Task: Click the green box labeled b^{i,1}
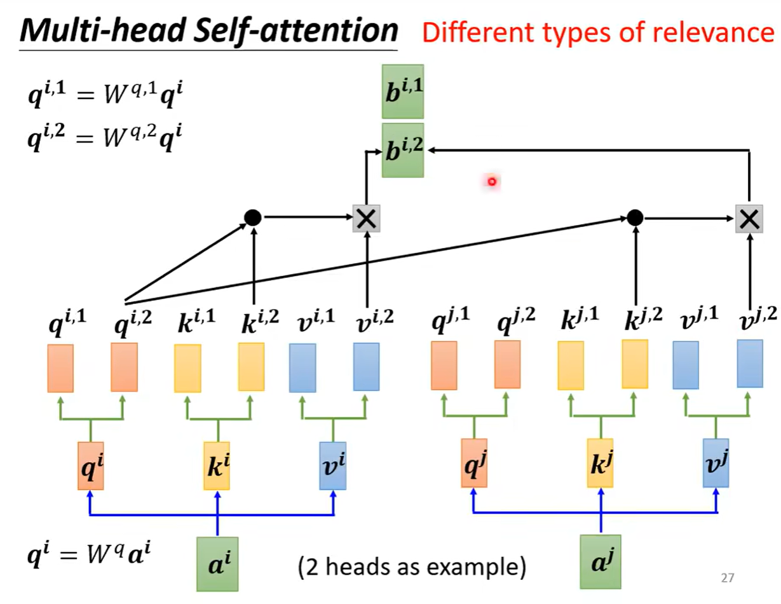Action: point(403,92)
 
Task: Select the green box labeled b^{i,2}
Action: point(403,150)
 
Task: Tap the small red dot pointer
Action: point(491,182)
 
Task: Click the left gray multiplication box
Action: point(366,218)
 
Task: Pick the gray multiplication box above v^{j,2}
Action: point(749,218)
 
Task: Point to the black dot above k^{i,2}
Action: point(253,218)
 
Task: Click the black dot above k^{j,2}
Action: point(634,218)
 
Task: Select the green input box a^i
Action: point(217,564)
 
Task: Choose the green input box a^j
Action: point(600,561)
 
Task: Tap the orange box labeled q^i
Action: point(91,466)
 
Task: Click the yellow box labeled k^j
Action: point(600,463)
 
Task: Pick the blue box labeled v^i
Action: point(333,466)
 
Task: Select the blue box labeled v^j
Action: point(716,463)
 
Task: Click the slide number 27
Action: point(728,579)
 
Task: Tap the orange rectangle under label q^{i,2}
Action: point(124,367)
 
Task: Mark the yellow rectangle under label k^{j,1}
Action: point(571,366)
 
